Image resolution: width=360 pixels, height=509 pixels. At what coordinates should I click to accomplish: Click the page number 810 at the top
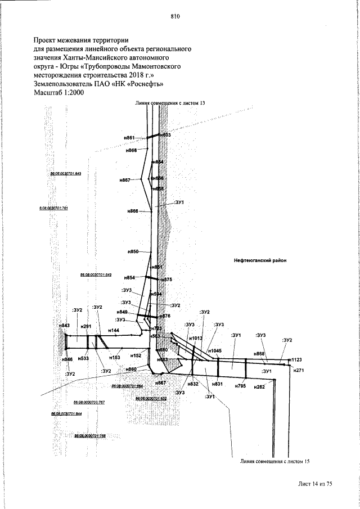pyautogui.click(x=174, y=16)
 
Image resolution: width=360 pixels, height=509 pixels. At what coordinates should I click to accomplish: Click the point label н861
pyautogui.click(x=129, y=138)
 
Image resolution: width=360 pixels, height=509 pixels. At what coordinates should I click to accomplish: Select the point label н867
pyautogui.click(x=125, y=180)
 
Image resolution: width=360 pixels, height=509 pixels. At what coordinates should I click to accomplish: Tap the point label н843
pyautogui.click(x=64, y=326)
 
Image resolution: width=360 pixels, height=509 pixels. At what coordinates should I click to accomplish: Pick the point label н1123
pyautogui.click(x=295, y=358)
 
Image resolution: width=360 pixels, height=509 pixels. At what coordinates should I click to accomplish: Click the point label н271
pyautogui.click(x=299, y=370)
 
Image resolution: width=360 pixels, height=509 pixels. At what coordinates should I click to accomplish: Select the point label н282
pyautogui.click(x=259, y=388)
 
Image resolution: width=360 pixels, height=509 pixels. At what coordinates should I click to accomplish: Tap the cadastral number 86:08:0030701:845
pyautogui.click(x=66, y=174)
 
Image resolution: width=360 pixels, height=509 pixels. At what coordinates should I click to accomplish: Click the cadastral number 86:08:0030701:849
pyautogui.click(x=96, y=274)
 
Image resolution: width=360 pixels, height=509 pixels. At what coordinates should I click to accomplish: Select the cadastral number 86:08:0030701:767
pyautogui.click(x=89, y=403)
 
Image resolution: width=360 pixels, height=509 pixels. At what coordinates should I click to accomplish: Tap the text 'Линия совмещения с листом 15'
pyautogui.click(x=275, y=461)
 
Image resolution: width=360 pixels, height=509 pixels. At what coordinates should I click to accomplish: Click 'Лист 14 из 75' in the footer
pyautogui.click(x=316, y=483)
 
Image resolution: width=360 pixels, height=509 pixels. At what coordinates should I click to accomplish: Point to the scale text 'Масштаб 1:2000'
pyautogui.click(x=58, y=93)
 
